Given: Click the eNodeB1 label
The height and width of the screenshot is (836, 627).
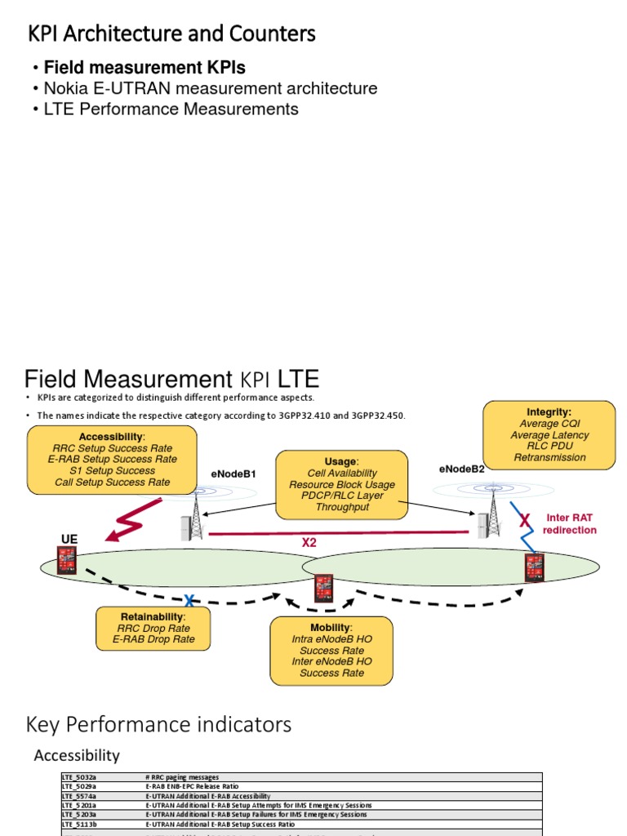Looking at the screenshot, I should point(233,474).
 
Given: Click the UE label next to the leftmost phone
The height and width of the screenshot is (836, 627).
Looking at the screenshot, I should point(70,540).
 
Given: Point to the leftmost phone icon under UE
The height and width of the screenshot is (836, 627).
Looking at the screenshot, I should point(67,560).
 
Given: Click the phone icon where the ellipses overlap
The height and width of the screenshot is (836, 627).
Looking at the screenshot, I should point(323,587).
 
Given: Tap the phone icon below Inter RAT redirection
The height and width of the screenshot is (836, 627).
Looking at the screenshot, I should point(535,567).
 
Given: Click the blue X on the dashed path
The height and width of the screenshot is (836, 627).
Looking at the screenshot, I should point(189,600).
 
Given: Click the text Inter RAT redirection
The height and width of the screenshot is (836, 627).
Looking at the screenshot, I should point(570,523).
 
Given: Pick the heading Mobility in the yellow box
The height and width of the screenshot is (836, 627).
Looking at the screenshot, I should point(330,627).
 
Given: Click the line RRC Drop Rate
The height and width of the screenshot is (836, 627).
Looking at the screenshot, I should point(154,628).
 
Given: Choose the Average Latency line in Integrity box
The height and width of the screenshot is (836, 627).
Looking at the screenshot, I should point(549,435).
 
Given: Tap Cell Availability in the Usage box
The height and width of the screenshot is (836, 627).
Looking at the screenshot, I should point(342,473).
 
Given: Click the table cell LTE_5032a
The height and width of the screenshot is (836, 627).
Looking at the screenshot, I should point(79,777).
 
